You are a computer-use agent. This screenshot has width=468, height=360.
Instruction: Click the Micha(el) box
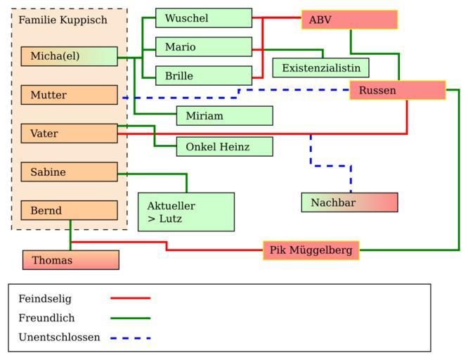[69, 56]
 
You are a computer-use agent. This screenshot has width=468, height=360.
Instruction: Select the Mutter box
[69, 95]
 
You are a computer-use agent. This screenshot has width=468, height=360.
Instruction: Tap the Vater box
[69, 134]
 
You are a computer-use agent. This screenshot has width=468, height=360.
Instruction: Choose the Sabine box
[69, 172]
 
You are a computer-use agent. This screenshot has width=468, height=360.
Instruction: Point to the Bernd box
[69, 210]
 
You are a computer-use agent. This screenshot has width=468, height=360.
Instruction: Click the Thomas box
[70, 260]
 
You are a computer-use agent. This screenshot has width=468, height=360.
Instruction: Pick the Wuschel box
[204, 18]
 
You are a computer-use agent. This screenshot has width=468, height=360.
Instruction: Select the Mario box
[204, 47]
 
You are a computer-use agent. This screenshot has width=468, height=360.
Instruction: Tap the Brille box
[204, 76]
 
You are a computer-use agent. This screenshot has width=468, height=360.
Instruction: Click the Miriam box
[224, 116]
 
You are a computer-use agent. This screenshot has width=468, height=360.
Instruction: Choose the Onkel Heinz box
[224, 147]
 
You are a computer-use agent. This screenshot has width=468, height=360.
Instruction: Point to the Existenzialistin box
[320, 68]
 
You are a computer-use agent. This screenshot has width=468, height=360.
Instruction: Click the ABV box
[349, 20]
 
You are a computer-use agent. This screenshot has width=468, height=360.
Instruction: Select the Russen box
[397, 90]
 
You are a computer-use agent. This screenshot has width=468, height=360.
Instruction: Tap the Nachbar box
[349, 202]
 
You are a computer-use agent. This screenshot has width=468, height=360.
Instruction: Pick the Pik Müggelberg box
[311, 250]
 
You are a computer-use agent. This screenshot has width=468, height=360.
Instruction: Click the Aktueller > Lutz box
[186, 212]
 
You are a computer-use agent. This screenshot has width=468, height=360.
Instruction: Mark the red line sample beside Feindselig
[131, 298]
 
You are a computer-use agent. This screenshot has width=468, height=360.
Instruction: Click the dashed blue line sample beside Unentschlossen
[131, 337]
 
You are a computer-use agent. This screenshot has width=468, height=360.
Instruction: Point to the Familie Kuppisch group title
[63, 20]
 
